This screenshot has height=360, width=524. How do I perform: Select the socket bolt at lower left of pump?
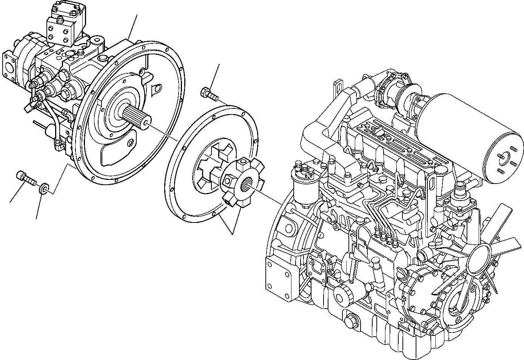[25, 177]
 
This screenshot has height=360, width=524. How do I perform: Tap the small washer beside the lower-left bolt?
[45, 188]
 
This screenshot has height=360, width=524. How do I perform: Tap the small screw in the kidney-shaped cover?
[130, 143]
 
